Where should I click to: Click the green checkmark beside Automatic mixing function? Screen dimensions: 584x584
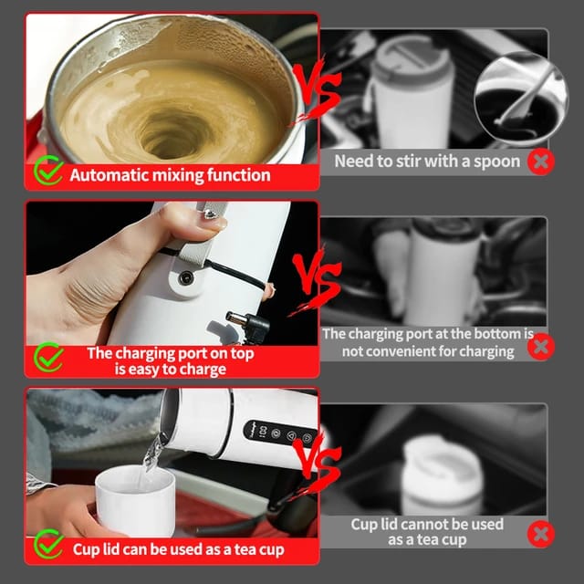[47, 172]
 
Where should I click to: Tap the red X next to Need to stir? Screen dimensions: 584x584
[541, 162]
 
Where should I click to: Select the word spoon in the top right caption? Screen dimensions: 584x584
[496, 162]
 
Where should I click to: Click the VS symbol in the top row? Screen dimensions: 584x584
[316, 96]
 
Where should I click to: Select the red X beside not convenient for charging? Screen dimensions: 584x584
[541, 346]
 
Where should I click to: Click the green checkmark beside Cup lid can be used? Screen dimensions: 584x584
[47, 546]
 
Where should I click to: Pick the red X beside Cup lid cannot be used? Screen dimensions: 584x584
[541, 532]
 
